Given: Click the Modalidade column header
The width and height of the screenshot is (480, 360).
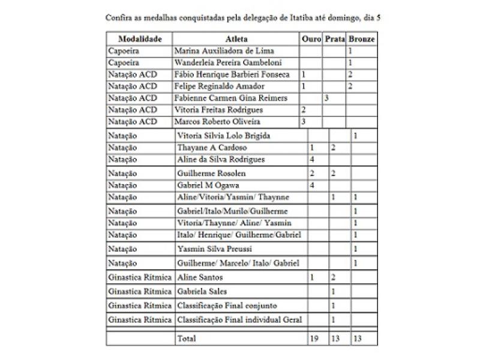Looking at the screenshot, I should pyautogui.click(x=140, y=39).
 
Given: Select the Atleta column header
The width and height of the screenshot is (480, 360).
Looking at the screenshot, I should pyautogui.click(x=236, y=39).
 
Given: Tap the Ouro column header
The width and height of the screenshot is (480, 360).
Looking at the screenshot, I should pyautogui.click(x=311, y=39).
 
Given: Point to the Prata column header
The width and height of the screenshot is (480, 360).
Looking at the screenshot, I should pyautogui.click(x=335, y=39).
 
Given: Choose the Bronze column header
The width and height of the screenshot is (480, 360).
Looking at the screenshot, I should pyautogui.click(x=362, y=39).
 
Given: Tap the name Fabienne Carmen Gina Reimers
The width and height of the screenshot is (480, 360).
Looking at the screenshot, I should pyautogui.click(x=230, y=98).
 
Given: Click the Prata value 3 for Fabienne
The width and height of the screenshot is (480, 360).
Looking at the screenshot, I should pyautogui.click(x=326, y=98).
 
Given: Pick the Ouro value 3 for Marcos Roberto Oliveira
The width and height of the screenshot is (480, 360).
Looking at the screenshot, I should pyautogui.click(x=304, y=121).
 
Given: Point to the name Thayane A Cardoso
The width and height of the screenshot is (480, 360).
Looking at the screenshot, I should pyautogui.click(x=212, y=148).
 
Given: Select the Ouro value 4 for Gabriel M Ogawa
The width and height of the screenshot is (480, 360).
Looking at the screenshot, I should pyautogui.click(x=312, y=185).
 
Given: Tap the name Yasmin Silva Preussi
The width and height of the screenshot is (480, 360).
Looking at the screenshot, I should pyautogui.click(x=214, y=248).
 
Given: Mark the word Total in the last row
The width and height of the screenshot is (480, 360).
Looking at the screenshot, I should pyautogui.click(x=187, y=338).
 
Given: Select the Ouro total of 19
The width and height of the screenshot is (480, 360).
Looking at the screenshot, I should pyautogui.click(x=314, y=338).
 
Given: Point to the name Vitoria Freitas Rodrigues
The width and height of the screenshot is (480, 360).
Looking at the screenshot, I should pyautogui.click(x=218, y=110).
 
